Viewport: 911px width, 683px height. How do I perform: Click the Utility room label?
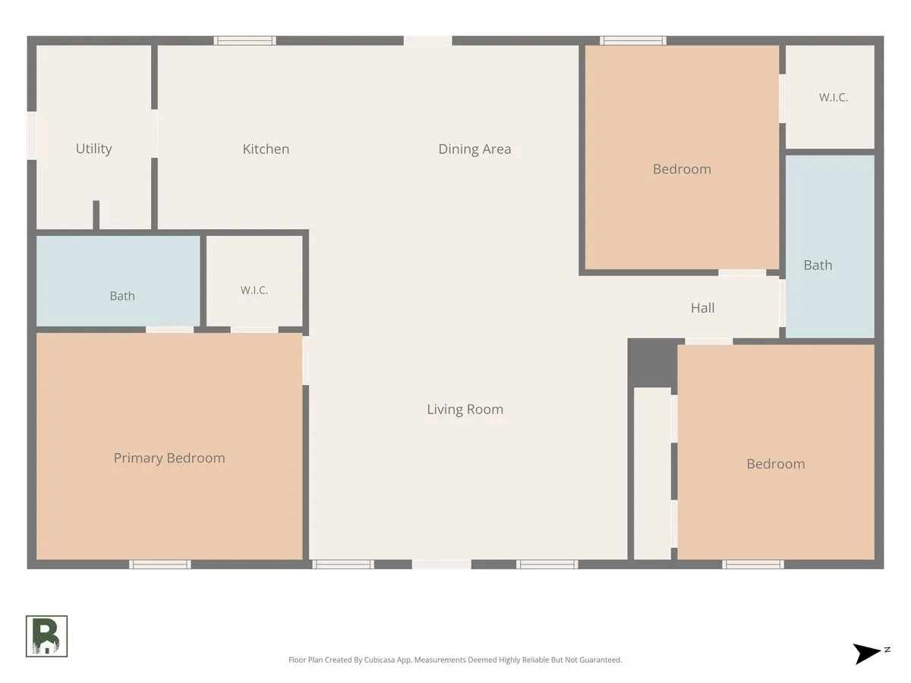[94, 149]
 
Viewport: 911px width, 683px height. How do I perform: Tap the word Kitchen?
[266, 149]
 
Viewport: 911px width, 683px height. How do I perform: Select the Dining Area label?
[474, 149]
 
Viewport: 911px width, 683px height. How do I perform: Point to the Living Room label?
[465, 409]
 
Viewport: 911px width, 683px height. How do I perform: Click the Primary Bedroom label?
[169, 458]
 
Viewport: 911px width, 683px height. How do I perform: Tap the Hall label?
[702, 307]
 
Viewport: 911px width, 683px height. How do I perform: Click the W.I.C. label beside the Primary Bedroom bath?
[254, 290]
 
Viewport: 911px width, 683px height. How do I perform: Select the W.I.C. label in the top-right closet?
[833, 97]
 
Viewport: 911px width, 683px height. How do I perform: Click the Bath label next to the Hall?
[818, 265]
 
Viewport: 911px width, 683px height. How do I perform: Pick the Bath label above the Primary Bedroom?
[122, 296]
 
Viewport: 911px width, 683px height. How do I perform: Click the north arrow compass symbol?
[868, 654]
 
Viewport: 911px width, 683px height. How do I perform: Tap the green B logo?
[46, 636]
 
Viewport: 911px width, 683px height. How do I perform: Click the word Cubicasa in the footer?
[380, 659]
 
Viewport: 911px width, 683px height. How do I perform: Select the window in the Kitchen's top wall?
[245, 40]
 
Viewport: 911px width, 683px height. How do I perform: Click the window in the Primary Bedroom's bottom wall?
[159, 564]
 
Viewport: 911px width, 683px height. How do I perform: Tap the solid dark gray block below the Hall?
[652, 363]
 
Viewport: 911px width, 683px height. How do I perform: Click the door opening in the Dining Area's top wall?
[428, 41]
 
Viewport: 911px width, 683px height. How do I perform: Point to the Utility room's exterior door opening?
[32, 135]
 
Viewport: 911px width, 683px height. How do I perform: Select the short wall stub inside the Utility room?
[96, 215]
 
